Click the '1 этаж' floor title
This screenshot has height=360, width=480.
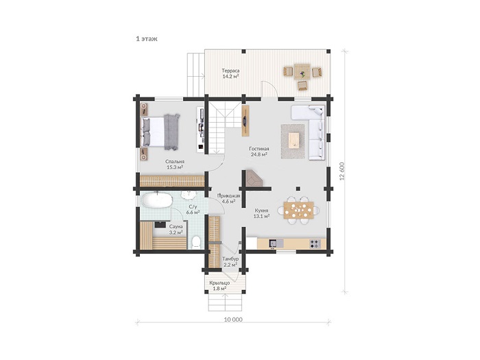pos(147,39)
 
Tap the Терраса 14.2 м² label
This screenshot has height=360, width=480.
pos(230,74)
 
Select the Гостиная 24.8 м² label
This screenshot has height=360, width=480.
pos(259,152)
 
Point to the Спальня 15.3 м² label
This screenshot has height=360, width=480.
pos(175,165)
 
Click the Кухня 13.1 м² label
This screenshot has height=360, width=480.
pos(261,213)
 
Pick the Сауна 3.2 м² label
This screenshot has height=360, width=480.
pos(176,229)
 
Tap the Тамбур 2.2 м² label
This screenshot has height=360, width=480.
pos(230,262)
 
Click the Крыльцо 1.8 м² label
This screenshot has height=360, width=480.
pos(219,286)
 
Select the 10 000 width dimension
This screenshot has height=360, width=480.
pos(233,320)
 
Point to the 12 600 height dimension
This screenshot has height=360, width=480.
pos(343,171)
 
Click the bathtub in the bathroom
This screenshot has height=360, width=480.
pos(156,200)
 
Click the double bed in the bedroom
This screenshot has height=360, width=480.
pos(160,132)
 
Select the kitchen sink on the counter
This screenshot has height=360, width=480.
pos(273,243)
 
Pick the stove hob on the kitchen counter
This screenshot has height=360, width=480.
pos(314,243)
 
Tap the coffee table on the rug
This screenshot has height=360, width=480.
pos(293,141)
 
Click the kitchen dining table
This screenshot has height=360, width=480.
pos(299,210)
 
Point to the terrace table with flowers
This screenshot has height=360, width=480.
pos(302,72)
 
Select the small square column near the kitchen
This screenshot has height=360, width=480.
pos(298,189)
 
